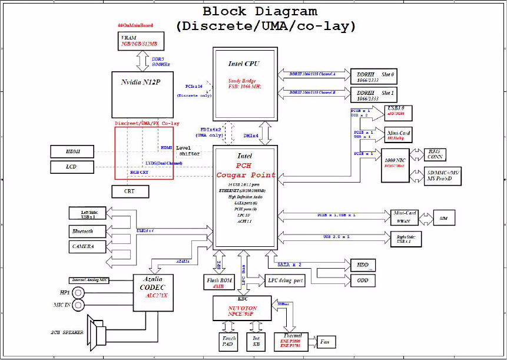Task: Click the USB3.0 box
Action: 397,112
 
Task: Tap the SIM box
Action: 443,218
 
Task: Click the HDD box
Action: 363,265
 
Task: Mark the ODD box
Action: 363,280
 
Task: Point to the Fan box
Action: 324,341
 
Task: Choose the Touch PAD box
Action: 228,342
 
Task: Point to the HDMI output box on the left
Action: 72,152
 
